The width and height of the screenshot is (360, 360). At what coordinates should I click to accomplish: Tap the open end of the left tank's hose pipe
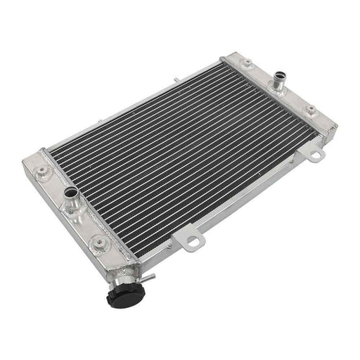point(70,192)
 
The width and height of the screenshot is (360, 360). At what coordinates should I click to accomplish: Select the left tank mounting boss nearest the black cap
point(105,244)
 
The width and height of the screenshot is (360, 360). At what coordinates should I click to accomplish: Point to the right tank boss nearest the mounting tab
point(310,109)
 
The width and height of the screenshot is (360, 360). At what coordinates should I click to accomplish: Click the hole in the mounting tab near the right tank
point(314,153)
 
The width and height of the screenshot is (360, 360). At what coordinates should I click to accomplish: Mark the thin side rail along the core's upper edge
point(134,102)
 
